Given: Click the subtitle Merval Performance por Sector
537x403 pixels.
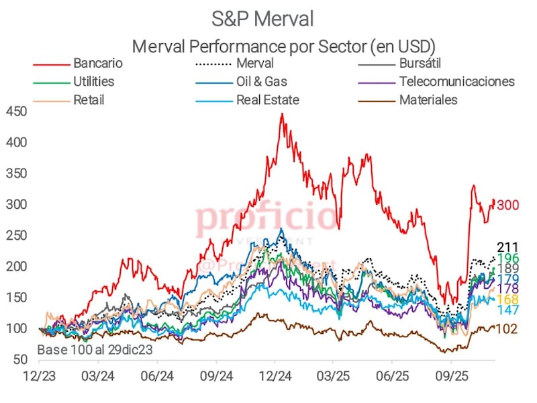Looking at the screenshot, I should (x=284, y=46).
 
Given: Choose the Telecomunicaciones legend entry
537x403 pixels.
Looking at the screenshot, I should (x=456, y=82).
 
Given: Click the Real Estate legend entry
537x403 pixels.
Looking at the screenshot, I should (x=267, y=100).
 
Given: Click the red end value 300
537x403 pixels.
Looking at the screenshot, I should (x=509, y=205).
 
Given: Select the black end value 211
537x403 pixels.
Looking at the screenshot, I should (x=507, y=247).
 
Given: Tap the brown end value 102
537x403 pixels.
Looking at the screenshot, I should (x=507, y=330).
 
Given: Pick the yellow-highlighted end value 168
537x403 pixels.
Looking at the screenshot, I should (x=507, y=299).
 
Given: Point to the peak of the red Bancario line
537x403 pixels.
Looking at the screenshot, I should (x=282, y=114).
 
